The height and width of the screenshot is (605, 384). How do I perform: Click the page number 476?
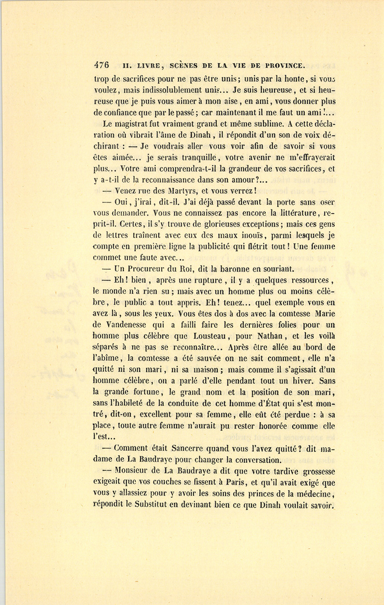coord(102,65)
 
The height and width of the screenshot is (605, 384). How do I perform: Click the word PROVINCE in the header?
coord(285,66)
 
